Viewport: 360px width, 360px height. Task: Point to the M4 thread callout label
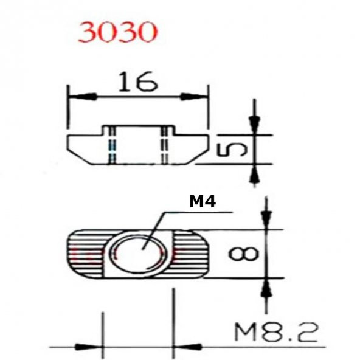point(202,201)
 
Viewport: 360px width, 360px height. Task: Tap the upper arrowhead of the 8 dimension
point(265,219)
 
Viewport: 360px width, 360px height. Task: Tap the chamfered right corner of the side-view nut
point(198,156)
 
